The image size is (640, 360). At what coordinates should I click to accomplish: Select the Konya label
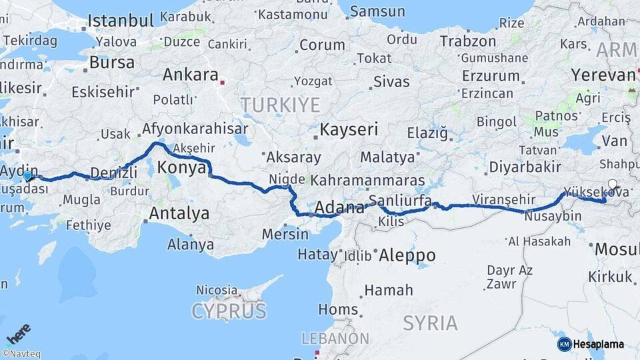tap(182, 167)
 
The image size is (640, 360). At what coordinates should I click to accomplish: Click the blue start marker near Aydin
tap(27, 176)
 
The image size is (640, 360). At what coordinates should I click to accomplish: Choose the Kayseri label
tap(349, 129)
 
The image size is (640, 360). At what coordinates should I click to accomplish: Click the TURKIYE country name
tap(280, 105)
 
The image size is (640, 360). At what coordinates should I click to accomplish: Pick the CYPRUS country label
tap(229, 311)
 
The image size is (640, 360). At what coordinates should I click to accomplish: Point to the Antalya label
tap(179, 213)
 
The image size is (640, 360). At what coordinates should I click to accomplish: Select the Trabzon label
tap(467, 41)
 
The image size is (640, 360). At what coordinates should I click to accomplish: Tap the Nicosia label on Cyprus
tap(217, 290)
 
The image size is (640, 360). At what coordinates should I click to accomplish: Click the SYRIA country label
tap(430, 323)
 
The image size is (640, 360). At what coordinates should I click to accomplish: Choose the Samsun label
tap(377, 11)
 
